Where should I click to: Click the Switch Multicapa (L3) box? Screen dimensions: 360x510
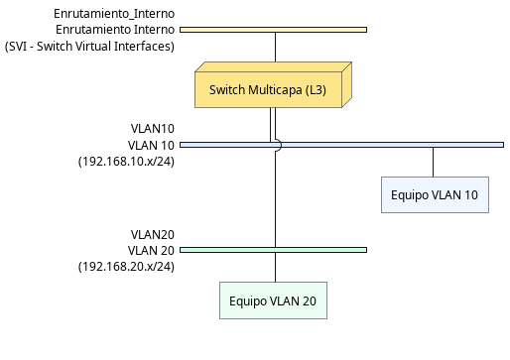270,89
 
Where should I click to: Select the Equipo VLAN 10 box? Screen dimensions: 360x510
434,194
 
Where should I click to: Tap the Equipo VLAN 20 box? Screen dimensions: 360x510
272,300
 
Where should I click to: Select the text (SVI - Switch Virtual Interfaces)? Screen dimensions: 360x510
89,46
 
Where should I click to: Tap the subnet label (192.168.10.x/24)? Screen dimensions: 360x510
126,161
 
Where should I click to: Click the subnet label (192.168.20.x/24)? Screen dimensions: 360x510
126,266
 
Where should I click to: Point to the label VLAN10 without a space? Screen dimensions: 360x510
153,129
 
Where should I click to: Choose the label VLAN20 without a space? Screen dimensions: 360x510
153,234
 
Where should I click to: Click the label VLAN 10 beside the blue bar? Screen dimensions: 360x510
151,145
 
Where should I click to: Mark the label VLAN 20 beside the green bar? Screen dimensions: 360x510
151,250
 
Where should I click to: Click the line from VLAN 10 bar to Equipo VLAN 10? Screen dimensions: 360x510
433,162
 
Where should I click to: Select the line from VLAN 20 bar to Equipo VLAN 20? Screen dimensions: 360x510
273,267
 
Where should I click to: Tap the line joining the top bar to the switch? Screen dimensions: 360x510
273,46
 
